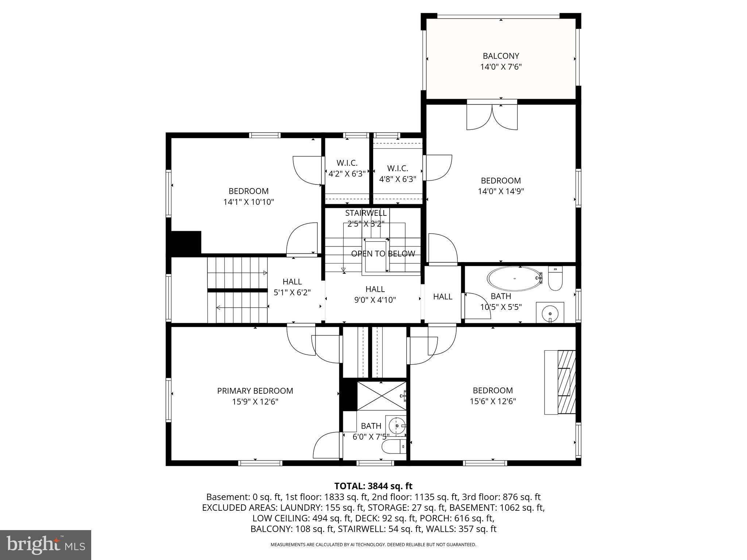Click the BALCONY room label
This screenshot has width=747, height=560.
501,56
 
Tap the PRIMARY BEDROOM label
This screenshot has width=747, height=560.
255,391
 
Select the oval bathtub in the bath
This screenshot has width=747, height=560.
515,279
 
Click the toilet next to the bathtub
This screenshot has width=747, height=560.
556,278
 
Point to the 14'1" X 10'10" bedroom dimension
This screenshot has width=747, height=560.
248,202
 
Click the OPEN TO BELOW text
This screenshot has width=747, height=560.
383,254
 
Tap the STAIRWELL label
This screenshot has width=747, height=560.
366,213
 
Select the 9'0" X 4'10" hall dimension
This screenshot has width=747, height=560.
375,300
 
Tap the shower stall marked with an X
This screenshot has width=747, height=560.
381,396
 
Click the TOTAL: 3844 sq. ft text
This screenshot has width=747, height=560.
373,486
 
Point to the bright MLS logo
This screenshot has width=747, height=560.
46,545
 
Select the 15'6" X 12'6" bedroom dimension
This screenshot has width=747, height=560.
493,401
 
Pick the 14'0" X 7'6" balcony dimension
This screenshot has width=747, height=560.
501,67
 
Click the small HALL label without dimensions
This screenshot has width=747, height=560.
443,297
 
